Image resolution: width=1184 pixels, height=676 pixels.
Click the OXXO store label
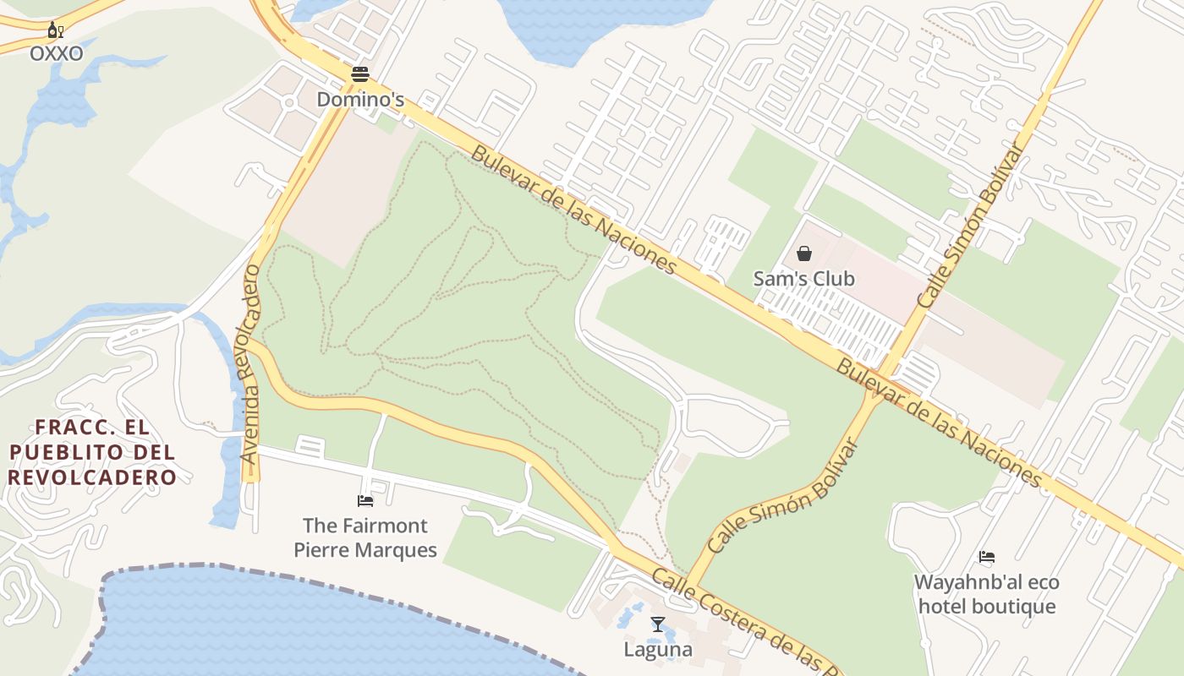(57, 54)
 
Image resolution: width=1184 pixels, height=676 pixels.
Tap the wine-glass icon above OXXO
(56, 31)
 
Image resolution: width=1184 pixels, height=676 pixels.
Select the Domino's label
(360, 100)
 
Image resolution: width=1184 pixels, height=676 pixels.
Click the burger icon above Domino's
(360, 74)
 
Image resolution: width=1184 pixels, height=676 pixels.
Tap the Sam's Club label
(803, 279)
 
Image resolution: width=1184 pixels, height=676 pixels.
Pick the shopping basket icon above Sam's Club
(804, 253)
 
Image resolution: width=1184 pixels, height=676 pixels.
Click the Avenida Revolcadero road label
(249, 363)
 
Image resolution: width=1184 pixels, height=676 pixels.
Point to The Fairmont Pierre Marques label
(365, 538)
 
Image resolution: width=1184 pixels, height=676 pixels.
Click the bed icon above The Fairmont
(365, 501)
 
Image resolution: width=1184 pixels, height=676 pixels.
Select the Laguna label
(658, 650)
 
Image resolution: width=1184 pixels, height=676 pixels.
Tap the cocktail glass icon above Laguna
(658, 624)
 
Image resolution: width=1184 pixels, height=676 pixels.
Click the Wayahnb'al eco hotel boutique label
(986, 594)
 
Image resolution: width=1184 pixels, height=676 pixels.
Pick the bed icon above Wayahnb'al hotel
(986, 557)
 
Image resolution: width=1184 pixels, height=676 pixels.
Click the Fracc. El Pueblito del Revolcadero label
(93, 452)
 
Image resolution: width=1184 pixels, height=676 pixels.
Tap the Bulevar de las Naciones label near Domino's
(574, 210)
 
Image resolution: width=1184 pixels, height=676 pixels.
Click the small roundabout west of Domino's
(288, 103)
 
